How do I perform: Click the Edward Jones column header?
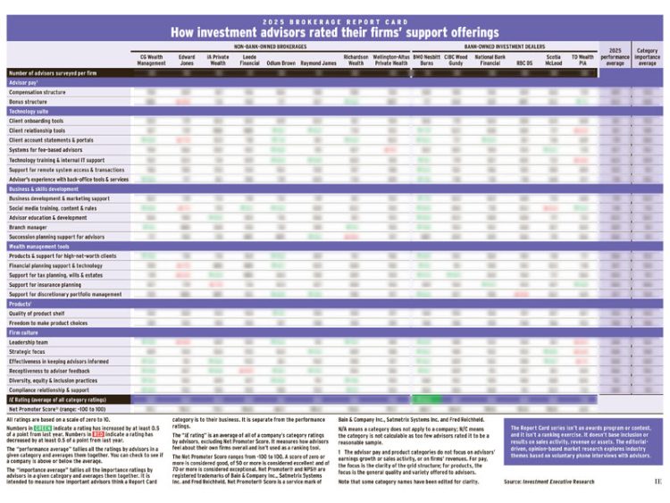(187, 60)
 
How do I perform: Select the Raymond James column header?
(318, 63)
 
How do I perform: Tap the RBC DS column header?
(523, 63)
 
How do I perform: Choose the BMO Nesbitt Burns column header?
(428, 60)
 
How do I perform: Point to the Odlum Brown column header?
(281, 63)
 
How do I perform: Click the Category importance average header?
(648, 57)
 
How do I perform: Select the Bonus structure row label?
(29, 102)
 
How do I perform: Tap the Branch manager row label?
(29, 227)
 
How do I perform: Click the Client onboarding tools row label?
(38, 121)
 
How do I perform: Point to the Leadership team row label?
(29, 341)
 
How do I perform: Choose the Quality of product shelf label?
(39, 313)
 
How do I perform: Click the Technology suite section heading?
(29, 111)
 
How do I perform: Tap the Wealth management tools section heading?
(39, 246)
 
